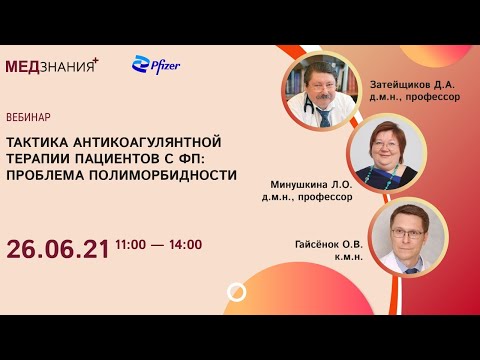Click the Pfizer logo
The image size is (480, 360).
pyautogui.click(x=156, y=66)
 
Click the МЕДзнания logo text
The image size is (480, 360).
pyautogui.click(x=52, y=66)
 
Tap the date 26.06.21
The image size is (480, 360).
pyautogui.click(x=57, y=245)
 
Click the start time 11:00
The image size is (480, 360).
pyautogui.click(x=132, y=244)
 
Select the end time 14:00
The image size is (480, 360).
pyautogui.click(x=185, y=244)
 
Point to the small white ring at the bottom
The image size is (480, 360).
pyautogui.click(x=237, y=292)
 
